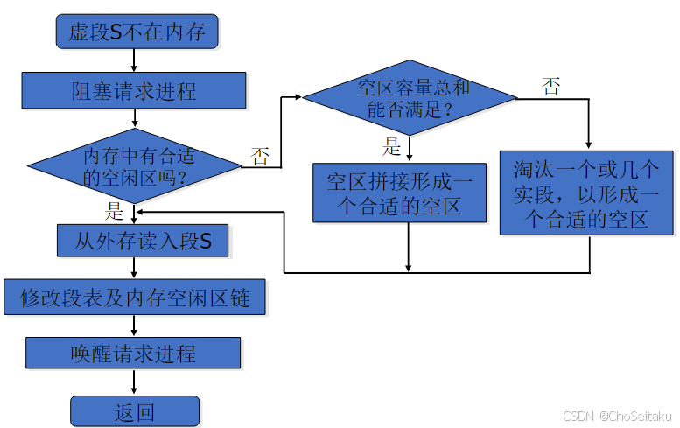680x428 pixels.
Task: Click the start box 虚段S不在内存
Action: pos(137,32)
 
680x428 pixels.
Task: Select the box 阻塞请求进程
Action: pos(133,90)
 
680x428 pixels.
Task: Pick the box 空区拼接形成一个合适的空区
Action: pos(399,193)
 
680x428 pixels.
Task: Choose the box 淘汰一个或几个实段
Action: pos(586,193)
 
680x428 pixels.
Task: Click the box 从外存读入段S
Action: pos(143,241)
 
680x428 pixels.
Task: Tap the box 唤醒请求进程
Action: pos(133,354)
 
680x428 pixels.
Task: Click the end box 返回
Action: pos(135,411)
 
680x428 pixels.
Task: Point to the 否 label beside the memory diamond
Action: pos(260,157)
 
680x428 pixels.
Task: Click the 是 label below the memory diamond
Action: pos(116,210)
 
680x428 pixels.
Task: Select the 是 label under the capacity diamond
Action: pos(392,147)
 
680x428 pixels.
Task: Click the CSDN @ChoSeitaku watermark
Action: pos(616,416)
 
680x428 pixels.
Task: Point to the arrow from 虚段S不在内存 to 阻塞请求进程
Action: pos(134,60)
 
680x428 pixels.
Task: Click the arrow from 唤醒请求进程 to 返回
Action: pos(134,382)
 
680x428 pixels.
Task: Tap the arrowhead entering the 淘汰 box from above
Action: pos(588,144)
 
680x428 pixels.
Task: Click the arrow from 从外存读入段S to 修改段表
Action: pos(134,270)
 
